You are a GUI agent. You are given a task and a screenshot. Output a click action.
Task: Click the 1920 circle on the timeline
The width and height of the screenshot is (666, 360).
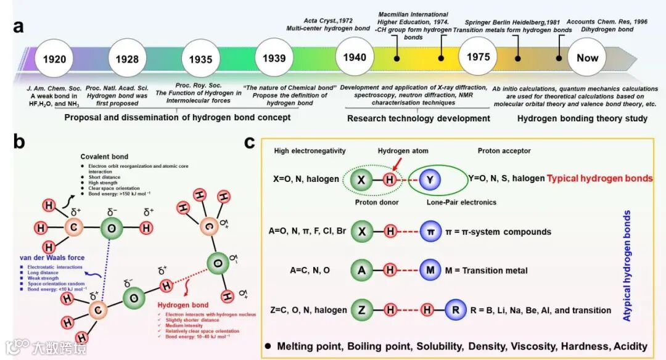[x=55, y=59]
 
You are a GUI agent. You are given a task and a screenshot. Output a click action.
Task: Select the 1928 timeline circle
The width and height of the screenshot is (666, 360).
[x=127, y=59]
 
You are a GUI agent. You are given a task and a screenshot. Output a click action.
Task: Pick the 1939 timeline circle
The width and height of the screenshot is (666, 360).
[x=274, y=59]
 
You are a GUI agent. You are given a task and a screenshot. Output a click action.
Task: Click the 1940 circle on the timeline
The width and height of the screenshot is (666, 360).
[x=355, y=58]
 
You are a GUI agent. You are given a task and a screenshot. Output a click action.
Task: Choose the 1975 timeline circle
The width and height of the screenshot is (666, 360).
[x=478, y=57]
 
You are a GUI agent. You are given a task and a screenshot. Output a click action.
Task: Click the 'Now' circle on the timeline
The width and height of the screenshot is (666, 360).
[x=587, y=58]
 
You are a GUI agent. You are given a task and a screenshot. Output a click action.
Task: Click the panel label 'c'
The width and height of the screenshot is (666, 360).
[x=250, y=142]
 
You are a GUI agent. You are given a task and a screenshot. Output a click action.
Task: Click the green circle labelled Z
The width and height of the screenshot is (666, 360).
[x=364, y=310]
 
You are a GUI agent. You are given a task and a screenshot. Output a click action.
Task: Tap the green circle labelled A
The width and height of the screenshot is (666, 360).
[x=364, y=271]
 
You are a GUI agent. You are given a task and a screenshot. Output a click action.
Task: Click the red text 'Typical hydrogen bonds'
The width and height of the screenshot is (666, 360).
[x=600, y=178]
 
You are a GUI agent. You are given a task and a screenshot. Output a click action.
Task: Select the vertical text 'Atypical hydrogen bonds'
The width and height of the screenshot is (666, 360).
[x=627, y=265]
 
